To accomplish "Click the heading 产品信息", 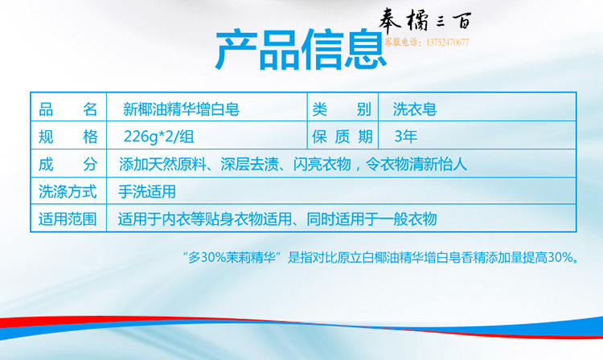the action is point(301,50).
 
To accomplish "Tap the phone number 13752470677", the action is point(447,43).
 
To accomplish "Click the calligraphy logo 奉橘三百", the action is point(425,19).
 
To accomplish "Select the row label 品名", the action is point(68,109).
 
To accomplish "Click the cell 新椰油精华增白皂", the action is point(181,109).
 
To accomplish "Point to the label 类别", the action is point(342,109).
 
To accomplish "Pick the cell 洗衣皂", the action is point(415,109).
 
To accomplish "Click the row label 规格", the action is point(68,137).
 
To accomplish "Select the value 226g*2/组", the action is point(159,137).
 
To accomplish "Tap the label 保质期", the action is point(342,137).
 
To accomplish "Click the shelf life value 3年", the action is point(406,137).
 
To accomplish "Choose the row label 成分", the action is point(68,165).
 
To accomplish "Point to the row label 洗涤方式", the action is point(68,191).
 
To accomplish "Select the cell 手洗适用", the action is point(147,191).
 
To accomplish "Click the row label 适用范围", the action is point(68,219).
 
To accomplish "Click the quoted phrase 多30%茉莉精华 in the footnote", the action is point(232,257).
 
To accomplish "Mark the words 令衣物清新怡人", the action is point(416,165).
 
